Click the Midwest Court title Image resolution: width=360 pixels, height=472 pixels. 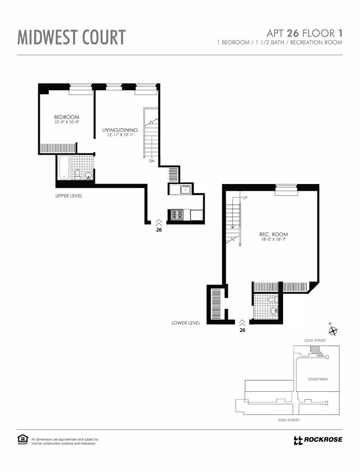coord(71,37)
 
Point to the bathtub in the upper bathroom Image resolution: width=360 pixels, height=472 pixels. coord(64,168)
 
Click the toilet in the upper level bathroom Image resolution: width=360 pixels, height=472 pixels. coord(77,174)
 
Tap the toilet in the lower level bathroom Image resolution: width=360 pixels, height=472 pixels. coord(272,299)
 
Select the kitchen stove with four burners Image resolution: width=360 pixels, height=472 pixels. coord(177,215)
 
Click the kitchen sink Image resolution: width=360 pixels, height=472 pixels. coord(185,190)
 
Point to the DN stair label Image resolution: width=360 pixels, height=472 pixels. coord(152,161)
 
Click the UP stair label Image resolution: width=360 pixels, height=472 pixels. coord(245,198)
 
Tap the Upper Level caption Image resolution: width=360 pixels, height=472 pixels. coord(69,196)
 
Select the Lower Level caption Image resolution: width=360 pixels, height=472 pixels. coord(186,323)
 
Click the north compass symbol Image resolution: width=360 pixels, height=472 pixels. coord(333,330)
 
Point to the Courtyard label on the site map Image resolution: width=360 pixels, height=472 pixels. coord(318,379)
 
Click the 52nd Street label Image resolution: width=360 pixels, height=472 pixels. coord(315,340)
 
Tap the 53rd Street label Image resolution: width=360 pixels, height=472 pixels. coord(289,420)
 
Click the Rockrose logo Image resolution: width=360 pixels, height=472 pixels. coord(318,440)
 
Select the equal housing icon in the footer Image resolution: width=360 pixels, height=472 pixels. coord(23,439)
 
